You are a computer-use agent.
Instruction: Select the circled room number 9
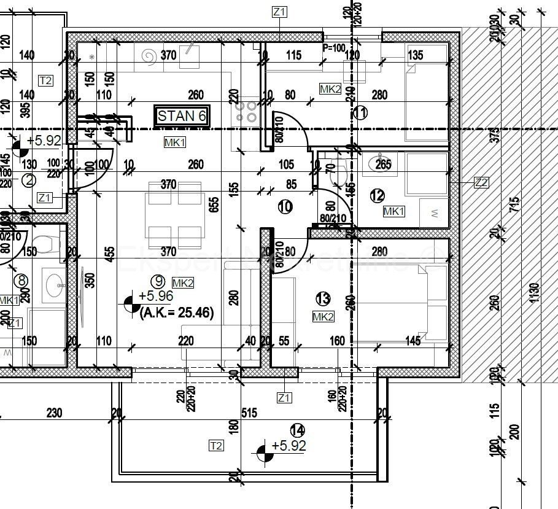tap(159, 281)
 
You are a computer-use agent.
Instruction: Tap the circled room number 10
tap(285, 207)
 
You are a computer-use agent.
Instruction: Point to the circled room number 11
tap(360, 112)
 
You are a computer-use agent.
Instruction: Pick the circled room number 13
tap(323, 299)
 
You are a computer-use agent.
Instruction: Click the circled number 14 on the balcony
tap(298, 430)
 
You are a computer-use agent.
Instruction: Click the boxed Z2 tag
tap(482, 182)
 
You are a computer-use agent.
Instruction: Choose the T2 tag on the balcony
tap(215, 446)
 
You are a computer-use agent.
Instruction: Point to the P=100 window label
tap(335, 47)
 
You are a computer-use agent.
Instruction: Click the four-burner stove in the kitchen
tap(247, 111)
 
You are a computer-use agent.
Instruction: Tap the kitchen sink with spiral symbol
tap(149, 57)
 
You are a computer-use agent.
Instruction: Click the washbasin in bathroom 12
tap(377, 164)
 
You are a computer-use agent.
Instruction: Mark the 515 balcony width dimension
tap(249, 413)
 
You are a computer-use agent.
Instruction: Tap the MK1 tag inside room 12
tap(393, 211)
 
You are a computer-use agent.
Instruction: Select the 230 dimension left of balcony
tap(55, 413)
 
